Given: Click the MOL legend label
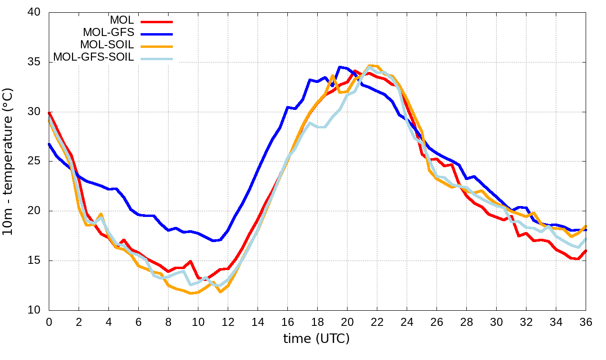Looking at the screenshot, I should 122,20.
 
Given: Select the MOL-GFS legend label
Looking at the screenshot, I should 108,33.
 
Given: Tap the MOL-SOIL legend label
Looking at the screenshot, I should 107,45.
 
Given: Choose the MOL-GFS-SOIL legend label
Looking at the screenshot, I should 94,57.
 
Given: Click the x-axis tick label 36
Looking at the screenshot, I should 586,322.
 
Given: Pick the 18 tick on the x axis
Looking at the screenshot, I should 317,322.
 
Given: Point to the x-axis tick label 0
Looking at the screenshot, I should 49,322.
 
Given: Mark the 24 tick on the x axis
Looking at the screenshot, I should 407,322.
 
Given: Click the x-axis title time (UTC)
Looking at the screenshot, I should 316,339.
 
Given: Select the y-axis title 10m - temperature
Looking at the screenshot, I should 10,161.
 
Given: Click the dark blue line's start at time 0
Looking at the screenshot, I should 49,144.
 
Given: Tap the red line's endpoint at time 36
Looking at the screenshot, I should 586,251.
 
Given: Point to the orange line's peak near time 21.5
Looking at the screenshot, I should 370,65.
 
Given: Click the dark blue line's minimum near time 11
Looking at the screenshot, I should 213,241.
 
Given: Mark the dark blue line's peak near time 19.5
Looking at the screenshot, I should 340,67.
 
